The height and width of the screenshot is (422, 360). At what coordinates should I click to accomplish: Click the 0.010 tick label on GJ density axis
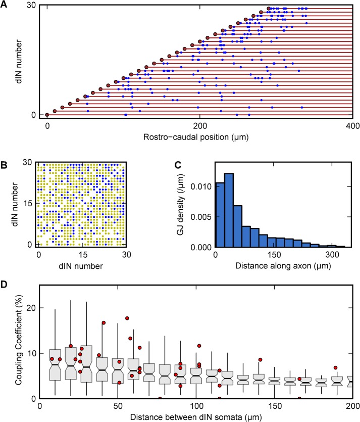(x=200, y=188)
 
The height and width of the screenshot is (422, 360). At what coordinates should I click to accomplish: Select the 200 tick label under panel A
(x=200, y=124)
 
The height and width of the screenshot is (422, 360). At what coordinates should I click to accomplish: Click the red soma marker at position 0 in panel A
(x=47, y=115)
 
